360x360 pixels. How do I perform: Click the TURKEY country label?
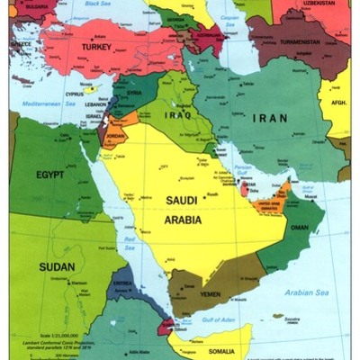[95, 46]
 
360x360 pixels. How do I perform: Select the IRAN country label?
[269, 118]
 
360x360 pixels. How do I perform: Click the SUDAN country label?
[56, 266]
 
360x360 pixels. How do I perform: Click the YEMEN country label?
[209, 293]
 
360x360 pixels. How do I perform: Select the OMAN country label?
[300, 227]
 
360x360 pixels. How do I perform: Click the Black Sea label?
[98, 4]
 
